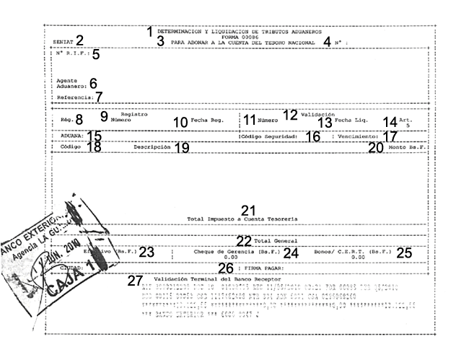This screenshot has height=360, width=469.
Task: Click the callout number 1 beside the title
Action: coord(150,31)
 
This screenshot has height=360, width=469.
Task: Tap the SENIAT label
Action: coord(63,42)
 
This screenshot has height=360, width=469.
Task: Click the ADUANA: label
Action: coord(69,135)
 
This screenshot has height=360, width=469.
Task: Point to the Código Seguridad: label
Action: coord(268,136)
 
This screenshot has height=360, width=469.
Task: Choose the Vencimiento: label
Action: coord(359,136)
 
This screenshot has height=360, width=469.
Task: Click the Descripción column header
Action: coord(152,146)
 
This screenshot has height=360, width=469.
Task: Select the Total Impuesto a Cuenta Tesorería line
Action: coord(242,217)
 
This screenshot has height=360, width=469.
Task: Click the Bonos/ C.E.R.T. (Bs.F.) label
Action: coord(353,253)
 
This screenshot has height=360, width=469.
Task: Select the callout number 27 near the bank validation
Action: coord(135,281)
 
